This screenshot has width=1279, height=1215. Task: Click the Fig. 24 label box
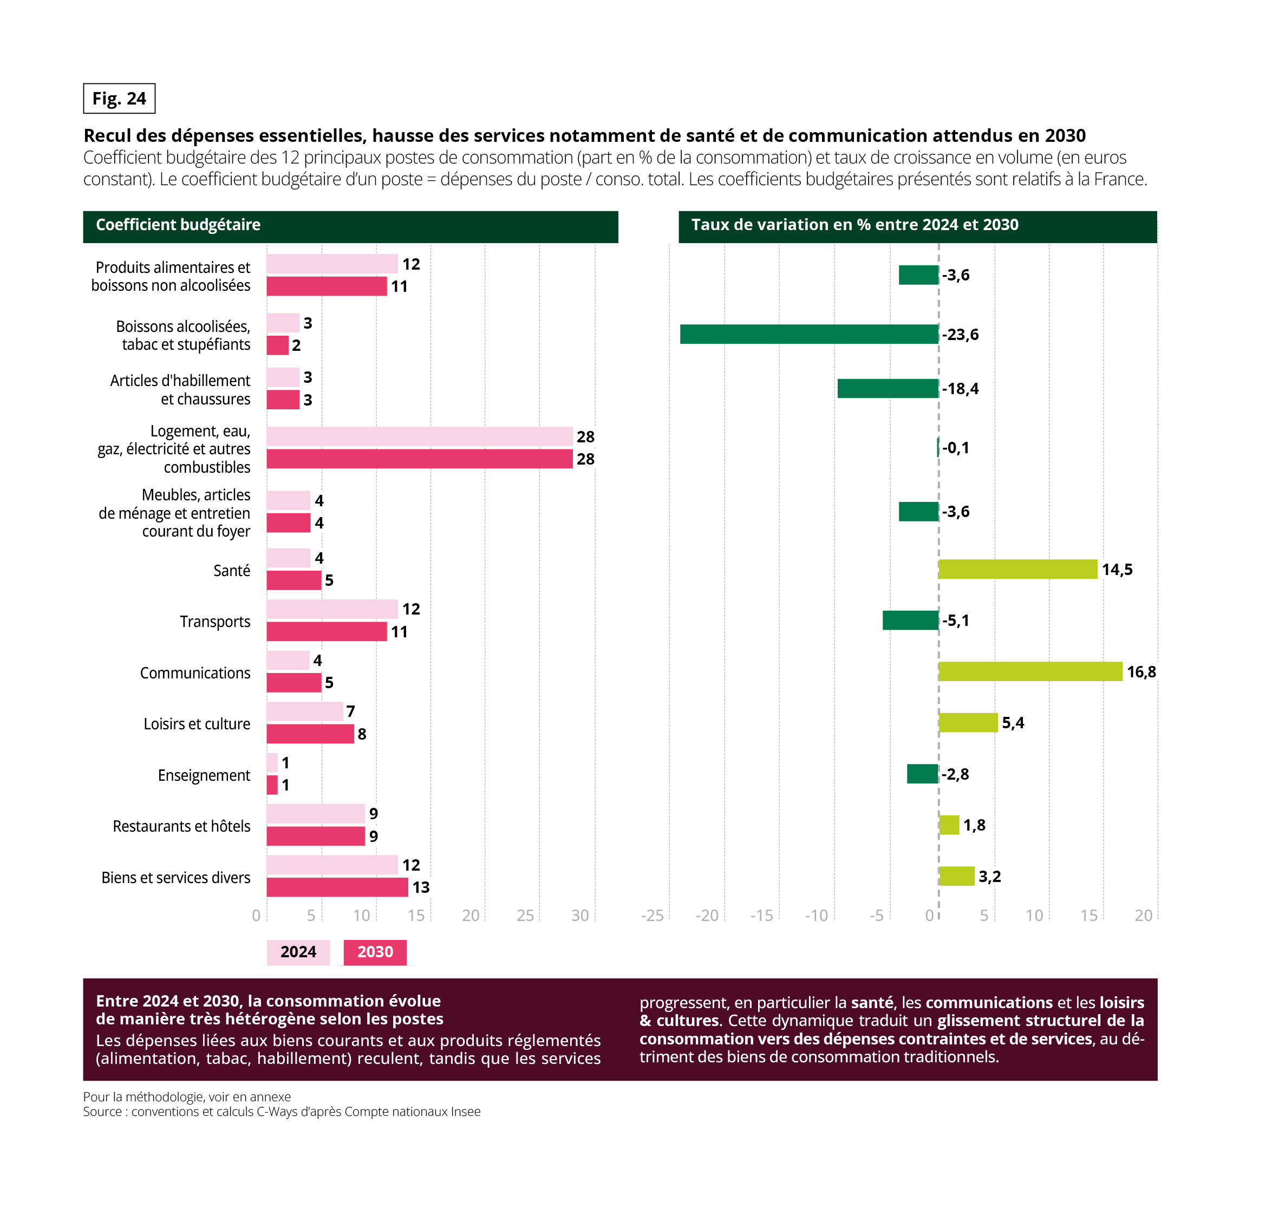click(x=119, y=99)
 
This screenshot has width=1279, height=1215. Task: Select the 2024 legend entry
click(x=298, y=952)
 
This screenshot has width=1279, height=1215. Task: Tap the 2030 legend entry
click(x=375, y=952)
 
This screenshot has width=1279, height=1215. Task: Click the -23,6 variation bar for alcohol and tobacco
click(x=809, y=334)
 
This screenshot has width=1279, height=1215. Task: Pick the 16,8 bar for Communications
click(x=1030, y=671)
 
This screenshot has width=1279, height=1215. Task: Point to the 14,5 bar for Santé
click(x=1018, y=569)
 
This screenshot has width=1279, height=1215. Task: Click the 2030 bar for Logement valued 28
click(x=419, y=459)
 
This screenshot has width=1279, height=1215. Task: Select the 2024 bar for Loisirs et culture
click(x=304, y=711)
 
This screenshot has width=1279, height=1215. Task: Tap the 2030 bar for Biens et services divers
click(x=337, y=887)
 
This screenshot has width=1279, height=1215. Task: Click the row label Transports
click(x=215, y=622)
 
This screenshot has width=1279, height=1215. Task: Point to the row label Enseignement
click(x=204, y=775)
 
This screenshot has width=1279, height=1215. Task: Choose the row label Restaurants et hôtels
click(x=181, y=826)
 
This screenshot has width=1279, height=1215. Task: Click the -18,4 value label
click(x=961, y=389)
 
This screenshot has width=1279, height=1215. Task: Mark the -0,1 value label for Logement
click(x=956, y=448)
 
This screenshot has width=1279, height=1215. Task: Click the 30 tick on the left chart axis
click(x=579, y=915)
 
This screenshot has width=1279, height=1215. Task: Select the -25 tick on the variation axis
click(x=652, y=915)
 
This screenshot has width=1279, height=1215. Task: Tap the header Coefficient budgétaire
click(x=178, y=225)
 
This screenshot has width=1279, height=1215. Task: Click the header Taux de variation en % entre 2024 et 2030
click(x=855, y=225)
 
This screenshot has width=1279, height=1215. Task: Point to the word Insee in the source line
click(x=466, y=1112)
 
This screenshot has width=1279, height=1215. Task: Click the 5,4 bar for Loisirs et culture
click(x=968, y=723)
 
